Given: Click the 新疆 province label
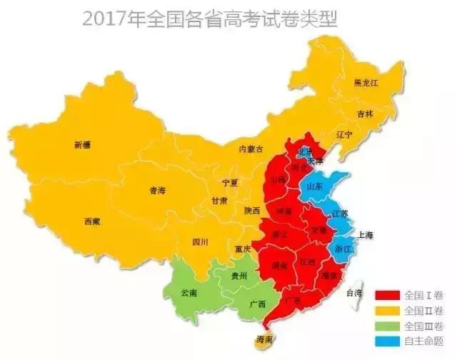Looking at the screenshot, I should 82,145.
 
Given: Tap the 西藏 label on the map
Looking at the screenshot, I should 92,221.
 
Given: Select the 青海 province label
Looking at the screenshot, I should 157,191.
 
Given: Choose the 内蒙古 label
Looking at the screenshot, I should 251,149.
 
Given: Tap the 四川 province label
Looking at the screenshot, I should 200,242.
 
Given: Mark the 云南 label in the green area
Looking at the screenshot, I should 189,294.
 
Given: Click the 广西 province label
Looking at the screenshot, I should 257,304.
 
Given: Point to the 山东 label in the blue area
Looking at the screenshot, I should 314,186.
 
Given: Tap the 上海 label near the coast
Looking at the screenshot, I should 366,235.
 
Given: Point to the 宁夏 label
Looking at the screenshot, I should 229,183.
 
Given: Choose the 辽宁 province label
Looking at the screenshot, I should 344,134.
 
